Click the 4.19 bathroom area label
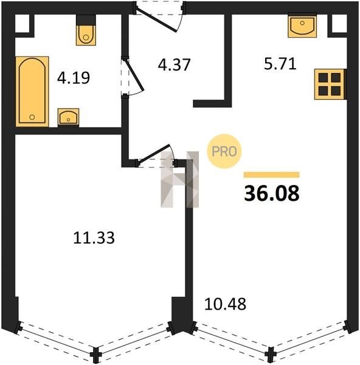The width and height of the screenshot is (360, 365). pyautogui.click(x=74, y=78)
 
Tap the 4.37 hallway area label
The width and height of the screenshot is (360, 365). pyautogui.click(x=175, y=64)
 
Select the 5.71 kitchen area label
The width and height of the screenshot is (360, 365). pyautogui.click(x=280, y=64)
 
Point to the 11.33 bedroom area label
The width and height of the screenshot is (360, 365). pyautogui.click(x=94, y=238)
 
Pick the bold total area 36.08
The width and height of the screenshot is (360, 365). pyautogui.click(x=272, y=193)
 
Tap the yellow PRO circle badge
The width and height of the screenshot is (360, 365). pyautogui.click(x=224, y=151)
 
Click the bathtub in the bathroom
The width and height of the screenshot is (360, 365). pyautogui.click(x=32, y=91)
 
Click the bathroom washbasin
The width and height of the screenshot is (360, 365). pyautogui.click(x=69, y=117)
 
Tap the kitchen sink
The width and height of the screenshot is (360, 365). pyautogui.click(x=302, y=26)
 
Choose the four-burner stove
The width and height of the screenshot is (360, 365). pyautogui.click(x=330, y=85)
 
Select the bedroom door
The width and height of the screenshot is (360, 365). pyautogui.click(x=155, y=155)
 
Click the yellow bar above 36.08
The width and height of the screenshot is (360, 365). pyautogui.click(x=271, y=175)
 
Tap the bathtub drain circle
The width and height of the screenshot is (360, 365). pyautogui.click(x=32, y=117)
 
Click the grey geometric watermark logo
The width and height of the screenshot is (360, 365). pyautogui.click(x=179, y=179)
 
